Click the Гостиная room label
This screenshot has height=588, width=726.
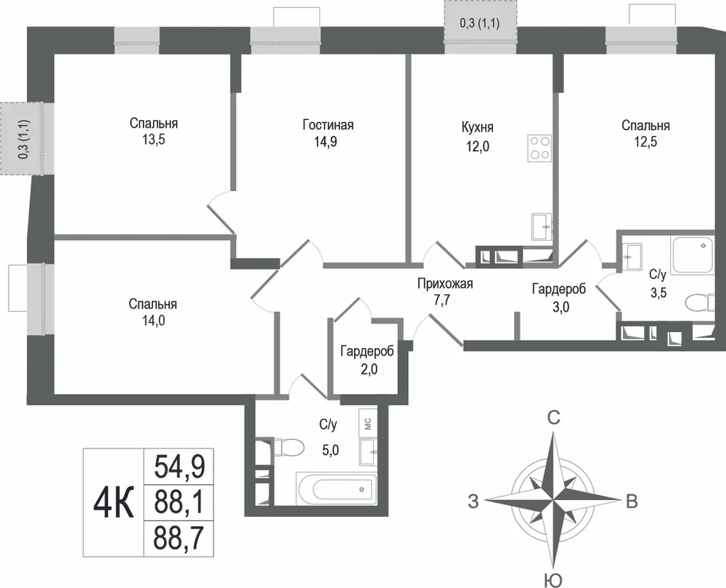[328, 125]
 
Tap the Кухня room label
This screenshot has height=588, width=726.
[478, 127]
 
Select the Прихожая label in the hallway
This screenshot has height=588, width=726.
[445, 283]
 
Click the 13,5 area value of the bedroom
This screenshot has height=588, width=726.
[154, 140]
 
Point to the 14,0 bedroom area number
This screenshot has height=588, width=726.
[153, 321]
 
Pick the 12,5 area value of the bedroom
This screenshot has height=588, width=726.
[645, 141]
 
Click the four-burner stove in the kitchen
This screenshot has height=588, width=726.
[539, 148]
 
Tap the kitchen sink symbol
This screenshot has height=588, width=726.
[542, 227]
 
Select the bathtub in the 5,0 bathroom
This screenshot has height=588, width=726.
[335, 489]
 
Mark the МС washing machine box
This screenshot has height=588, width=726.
[368, 423]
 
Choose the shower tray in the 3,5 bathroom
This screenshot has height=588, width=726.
[693, 254]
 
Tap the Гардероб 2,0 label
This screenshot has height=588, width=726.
[367, 360]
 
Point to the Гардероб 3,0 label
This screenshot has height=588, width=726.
[559, 297]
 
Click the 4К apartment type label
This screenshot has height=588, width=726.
[114, 503]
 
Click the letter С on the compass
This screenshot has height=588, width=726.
[554, 419]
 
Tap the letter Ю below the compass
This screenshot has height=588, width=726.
[552, 580]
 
